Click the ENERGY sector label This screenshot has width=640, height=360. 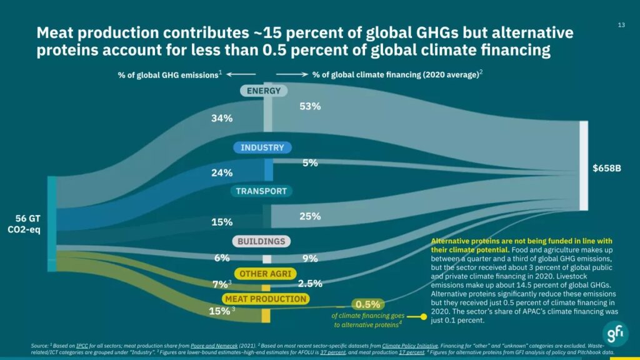263,91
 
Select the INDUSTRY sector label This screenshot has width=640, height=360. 262,148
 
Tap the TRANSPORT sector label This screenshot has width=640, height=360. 261,191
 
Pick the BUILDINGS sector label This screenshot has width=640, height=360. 261,241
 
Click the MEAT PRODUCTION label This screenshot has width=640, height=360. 266,299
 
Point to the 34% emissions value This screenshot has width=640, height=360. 221,118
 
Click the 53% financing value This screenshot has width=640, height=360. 310,106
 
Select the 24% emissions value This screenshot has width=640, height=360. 221,172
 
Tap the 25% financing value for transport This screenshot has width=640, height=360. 310,216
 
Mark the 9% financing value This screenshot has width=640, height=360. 310,258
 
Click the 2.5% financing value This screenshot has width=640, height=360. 310,283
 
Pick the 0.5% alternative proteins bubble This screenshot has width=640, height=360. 367,304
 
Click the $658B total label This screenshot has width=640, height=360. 606,168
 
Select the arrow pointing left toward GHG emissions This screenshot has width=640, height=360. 237,74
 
